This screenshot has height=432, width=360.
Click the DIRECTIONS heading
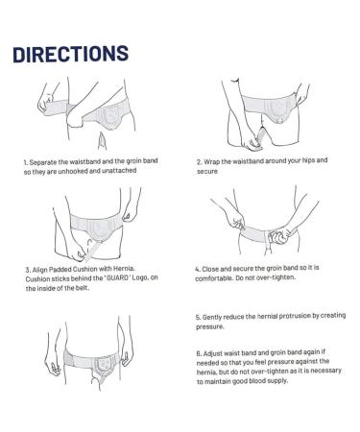click(71, 54)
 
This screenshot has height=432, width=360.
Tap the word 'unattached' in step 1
click(119, 171)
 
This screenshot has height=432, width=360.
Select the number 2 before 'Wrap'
click(199, 162)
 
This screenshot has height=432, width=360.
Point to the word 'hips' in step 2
click(308, 160)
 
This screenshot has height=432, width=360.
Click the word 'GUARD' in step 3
click(117, 278)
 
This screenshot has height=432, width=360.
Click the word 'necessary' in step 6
click(325, 371)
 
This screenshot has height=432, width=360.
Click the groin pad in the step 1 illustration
click(110, 117)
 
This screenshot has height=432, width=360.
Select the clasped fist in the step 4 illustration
click(278, 237)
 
